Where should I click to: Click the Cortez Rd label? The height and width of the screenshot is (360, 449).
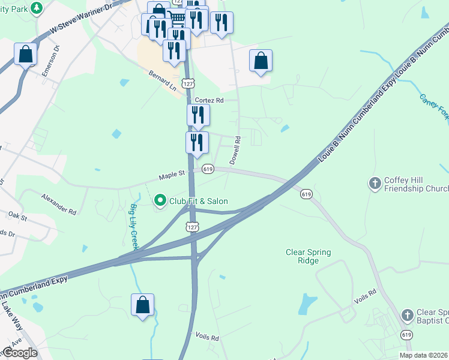pos(208,101)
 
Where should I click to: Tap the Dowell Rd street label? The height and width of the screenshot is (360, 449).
pos(235,151)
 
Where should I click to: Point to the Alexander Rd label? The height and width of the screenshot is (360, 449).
pos(59,204)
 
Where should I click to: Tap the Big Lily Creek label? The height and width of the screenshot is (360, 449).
pos(134,227)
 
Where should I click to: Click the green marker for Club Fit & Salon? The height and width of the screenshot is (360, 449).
pos(160,200)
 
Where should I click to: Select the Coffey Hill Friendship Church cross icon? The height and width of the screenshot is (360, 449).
pos(375,184)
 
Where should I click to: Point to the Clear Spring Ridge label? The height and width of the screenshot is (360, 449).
pos(308,257)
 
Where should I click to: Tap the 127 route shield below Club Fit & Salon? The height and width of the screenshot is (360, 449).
pos(191,227)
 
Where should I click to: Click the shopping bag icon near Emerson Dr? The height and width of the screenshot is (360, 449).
pos(26,54)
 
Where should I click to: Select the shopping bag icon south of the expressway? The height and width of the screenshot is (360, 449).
pos(143,304)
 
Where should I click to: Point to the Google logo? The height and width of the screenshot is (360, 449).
pos(19,353)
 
